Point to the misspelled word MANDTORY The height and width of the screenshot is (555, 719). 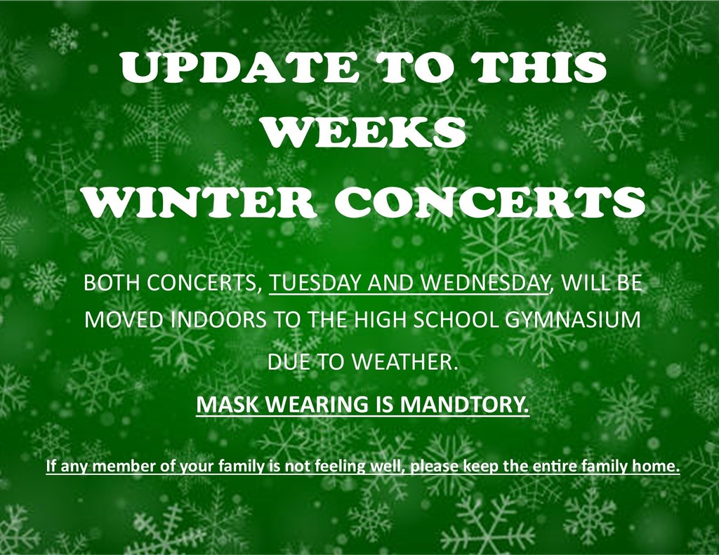click(464, 403)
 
